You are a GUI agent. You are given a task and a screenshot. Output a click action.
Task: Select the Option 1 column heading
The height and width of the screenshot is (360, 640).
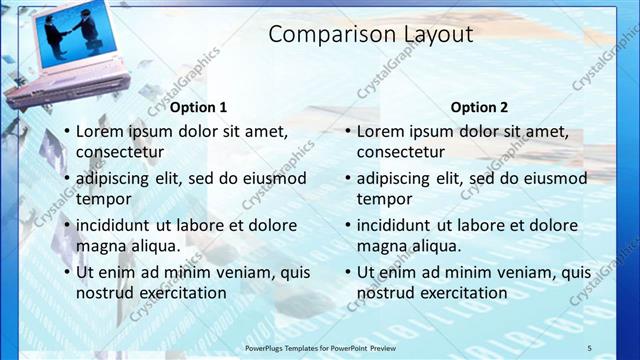[198, 107]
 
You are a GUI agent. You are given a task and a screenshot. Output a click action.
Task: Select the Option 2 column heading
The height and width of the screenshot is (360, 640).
[479, 107]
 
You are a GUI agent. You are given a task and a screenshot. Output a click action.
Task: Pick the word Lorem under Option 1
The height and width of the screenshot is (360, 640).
[100, 131]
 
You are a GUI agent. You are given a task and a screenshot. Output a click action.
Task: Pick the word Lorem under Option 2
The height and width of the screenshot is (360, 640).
[381, 131]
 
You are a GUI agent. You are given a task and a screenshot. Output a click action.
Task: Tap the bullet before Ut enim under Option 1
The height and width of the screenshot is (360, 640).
[66, 272]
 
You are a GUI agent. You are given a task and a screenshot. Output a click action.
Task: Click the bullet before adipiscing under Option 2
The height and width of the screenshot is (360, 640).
[347, 178]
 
